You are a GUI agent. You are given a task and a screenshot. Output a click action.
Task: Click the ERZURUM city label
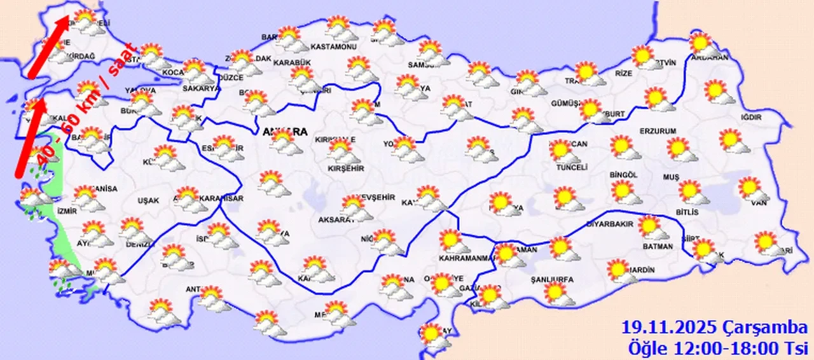[x=659, y=131]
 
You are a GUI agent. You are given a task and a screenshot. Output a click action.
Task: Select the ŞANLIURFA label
[x=552, y=279]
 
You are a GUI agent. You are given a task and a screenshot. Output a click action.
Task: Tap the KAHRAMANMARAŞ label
[x=467, y=258]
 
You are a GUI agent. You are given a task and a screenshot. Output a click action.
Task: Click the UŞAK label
[x=148, y=200]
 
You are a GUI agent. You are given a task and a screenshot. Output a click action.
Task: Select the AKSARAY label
[x=336, y=219]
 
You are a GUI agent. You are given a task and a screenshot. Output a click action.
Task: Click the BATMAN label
[x=656, y=246]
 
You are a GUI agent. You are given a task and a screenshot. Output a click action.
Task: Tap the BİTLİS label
[x=687, y=212]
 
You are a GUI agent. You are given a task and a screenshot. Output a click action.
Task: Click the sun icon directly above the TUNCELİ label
[x=561, y=150]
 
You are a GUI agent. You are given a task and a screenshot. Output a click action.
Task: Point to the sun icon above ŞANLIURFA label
[x=556, y=292]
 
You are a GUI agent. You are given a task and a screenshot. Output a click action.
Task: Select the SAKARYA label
[x=201, y=89]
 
